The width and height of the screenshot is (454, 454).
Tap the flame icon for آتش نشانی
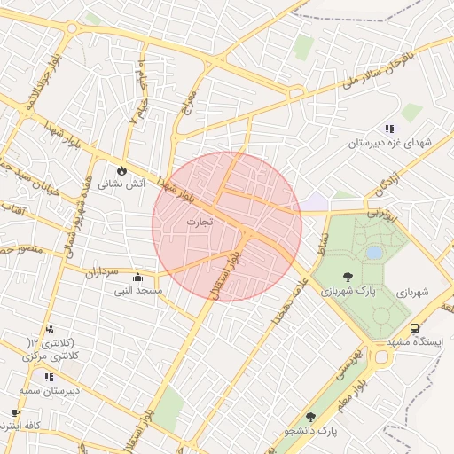(x=121, y=170)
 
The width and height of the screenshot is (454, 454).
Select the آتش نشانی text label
(x=118, y=184)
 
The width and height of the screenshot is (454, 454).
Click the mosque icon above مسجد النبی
(x=137, y=277)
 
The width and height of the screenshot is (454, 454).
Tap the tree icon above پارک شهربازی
(x=347, y=277)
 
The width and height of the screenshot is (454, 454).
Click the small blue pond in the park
(x=374, y=253)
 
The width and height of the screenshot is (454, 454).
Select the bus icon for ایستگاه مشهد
(x=415, y=328)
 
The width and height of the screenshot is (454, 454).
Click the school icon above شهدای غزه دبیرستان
(x=389, y=129)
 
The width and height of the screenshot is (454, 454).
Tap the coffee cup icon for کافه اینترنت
(x=15, y=413)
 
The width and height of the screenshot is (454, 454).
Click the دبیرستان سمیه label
(x=50, y=390)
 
